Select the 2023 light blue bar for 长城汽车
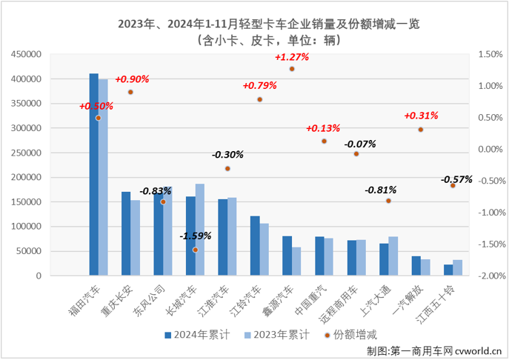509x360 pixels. (200, 230)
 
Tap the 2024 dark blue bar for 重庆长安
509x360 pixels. (126, 234)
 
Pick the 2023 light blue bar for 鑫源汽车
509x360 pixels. (296, 261)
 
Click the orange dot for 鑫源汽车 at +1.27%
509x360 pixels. (292, 69)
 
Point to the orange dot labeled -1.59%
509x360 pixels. (196, 250)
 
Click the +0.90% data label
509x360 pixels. (134, 79)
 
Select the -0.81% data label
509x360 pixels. (380, 190)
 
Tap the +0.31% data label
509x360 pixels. (421, 116)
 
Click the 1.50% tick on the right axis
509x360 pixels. (490, 54)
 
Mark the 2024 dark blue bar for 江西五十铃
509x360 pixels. (448, 270)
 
